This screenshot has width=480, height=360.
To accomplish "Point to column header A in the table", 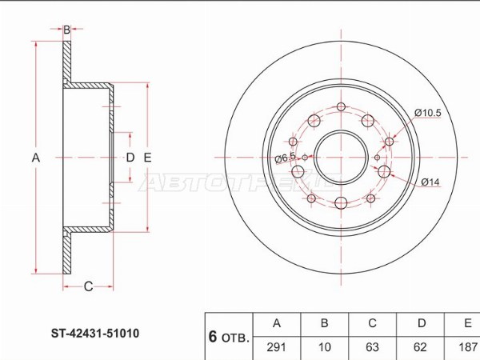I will (277, 323).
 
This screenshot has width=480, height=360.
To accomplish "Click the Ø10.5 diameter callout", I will (428, 113).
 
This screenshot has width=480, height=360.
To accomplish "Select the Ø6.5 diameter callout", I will (285, 158).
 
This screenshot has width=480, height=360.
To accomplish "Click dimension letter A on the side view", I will (35, 158).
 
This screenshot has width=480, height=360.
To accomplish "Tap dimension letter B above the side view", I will (66, 30).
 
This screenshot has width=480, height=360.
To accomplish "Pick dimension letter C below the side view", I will (88, 286).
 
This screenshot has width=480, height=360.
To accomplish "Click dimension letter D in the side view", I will (130, 158).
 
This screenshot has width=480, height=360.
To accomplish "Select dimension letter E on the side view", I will (147, 158).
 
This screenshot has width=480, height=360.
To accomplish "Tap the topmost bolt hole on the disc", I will (342, 107).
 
